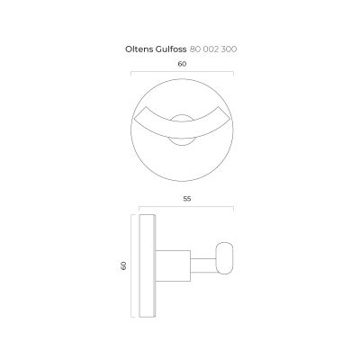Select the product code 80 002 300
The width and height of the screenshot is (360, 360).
coord(213,49)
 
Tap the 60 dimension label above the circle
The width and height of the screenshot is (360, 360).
coord(182,64)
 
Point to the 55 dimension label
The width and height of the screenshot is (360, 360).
coord(187,199)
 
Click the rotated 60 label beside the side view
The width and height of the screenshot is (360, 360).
coord(123,265)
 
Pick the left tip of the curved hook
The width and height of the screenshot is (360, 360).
coord(134,119)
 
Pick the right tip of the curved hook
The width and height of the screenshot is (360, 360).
coord(230,119)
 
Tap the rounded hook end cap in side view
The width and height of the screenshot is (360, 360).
coord(225,258)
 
